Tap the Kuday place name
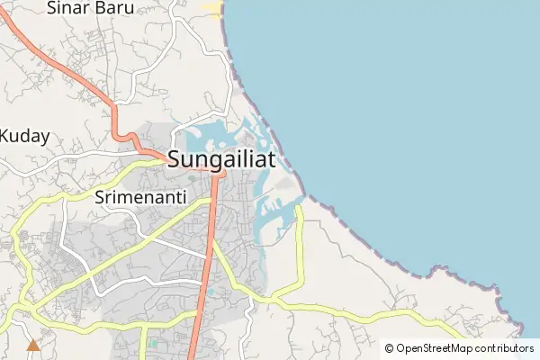pos(24,137)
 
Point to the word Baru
pos(113,9)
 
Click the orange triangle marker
pos(33,344)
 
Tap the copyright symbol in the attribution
pos(389,348)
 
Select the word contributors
pos(505,348)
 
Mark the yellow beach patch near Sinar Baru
pos(211,9)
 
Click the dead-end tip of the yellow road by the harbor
pos(299,208)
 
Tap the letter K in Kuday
pos(5,137)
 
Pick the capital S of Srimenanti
pos(99,195)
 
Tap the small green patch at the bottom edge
pos(153,343)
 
